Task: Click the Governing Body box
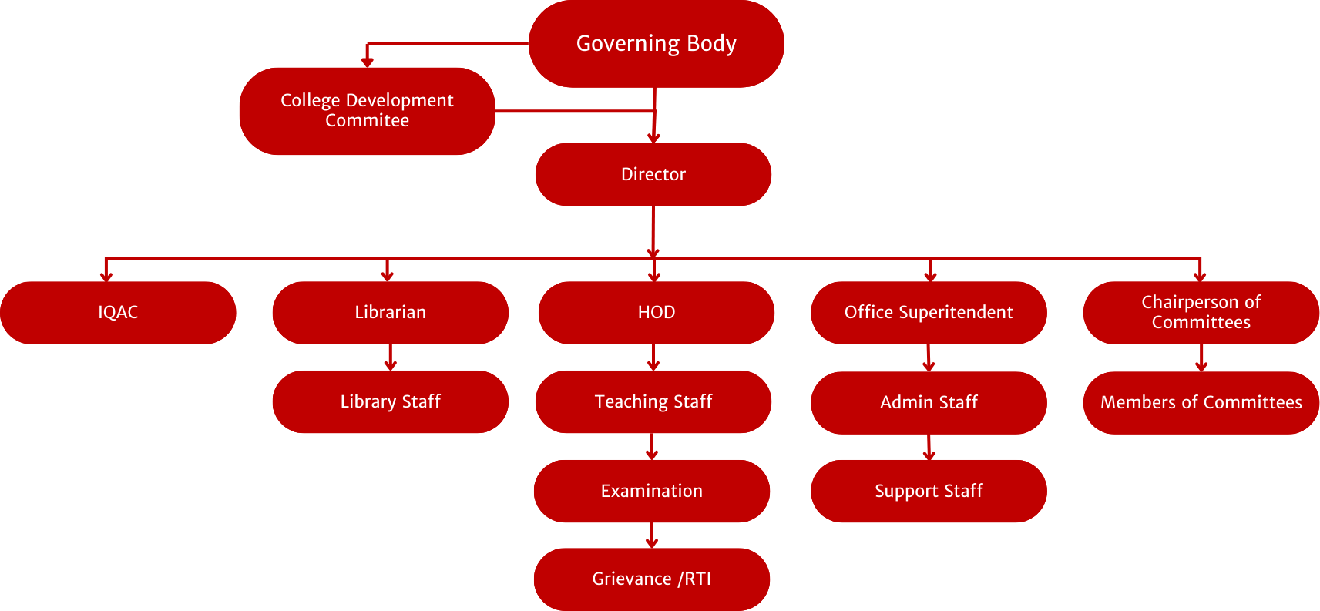click(656, 44)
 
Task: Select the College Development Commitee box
click(367, 111)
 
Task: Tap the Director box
click(653, 174)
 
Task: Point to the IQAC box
click(118, 312)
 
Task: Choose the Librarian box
click(390, 312)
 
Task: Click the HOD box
click(657, 312)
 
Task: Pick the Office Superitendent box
click(929, 312)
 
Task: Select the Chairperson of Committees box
click(1201, 312)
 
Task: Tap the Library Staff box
click(390, 401)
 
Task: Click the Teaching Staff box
click(653, 401)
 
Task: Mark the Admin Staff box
click(929, 402)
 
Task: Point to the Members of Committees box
click(1201, 402)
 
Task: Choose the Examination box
click(652, 491)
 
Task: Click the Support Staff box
click(929, 491)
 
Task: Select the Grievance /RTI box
click(652, 579)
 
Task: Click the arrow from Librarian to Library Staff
click(391, 358)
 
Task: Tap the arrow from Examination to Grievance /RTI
click(652, 535)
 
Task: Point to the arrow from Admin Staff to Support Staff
click(929, 448)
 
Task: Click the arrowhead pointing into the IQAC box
click(106, 276)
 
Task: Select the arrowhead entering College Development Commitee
click(368, 62)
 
